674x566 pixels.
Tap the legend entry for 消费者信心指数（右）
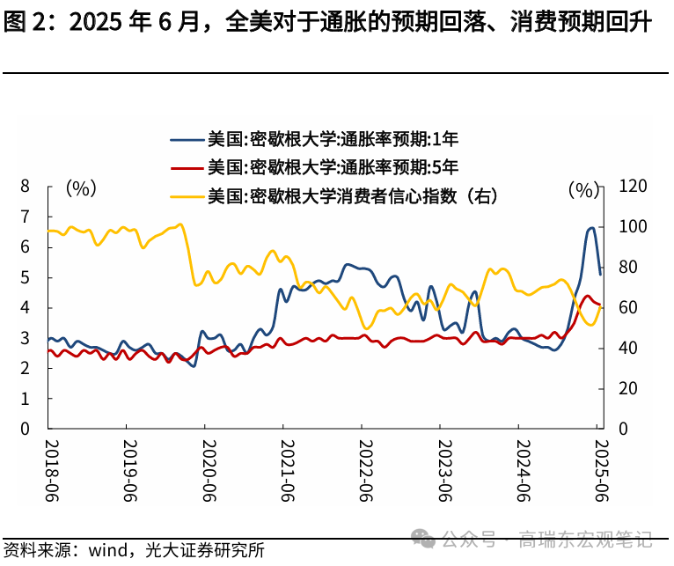(352, 195)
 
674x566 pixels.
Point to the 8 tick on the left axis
(25, 186)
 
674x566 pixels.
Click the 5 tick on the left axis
(25, 277)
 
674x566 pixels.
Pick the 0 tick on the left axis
(25, 429)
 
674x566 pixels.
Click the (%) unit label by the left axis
(81, 187)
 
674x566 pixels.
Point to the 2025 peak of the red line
(587, 297)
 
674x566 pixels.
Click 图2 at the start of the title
(24, 22)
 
